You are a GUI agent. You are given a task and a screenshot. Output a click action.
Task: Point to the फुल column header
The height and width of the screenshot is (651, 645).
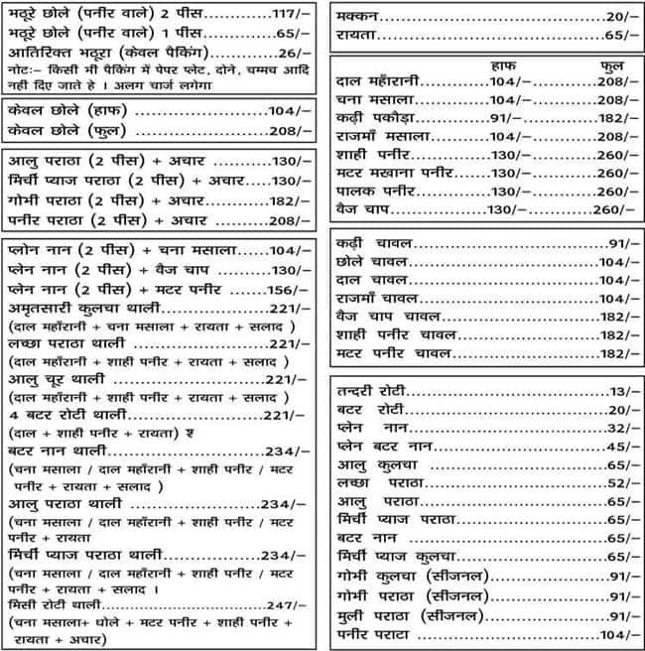pos(612,65)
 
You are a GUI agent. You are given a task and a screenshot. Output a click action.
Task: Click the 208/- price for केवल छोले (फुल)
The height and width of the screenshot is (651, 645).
pos(290,131)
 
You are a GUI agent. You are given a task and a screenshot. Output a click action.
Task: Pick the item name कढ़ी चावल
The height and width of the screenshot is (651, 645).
pos(375,244)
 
